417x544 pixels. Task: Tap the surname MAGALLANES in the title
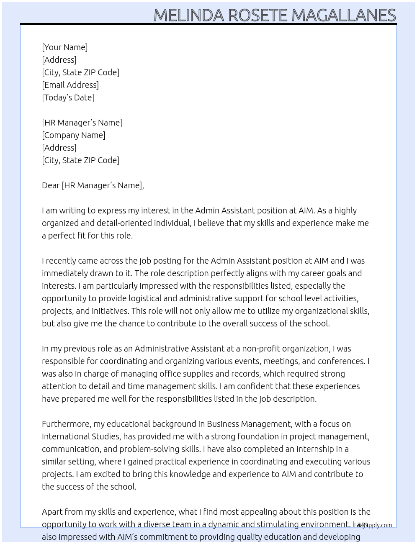pyautogui.click(x=343, y=15)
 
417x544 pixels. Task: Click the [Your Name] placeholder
pyautogui.click(x=65, y=47)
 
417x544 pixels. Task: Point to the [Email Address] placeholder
pyautogui.click(x=70, y=85)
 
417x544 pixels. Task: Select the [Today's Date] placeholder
pyautogui.click(x=68, y=98)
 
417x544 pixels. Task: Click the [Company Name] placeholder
pyautogui.click(x=74, y=135)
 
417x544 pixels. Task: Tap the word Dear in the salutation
pyautogui.click(x=51, y=185)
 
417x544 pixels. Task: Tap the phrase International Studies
pyautogui.click(x=81, y=436)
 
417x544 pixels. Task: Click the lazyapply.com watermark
pyautogui.click(x=373, y=525)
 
